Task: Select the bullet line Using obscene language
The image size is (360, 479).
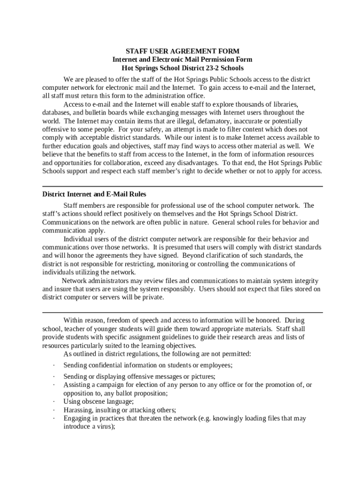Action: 99,401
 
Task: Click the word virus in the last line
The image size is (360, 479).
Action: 104,427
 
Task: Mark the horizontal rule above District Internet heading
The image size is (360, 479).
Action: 182,186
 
